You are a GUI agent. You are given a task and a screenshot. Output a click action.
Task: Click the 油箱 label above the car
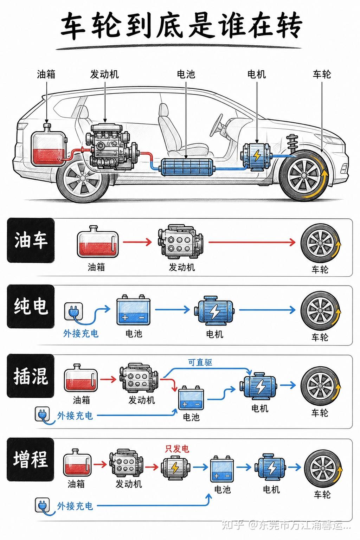[x=46, y=74]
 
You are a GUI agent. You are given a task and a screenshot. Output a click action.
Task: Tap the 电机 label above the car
[x=257, y=74]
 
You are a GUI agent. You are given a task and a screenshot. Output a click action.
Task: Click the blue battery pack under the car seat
[x=188, y=167]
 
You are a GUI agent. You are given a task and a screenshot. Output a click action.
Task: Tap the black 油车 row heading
[x=31, y=240]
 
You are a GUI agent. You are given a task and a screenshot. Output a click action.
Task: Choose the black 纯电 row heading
[x=31, y=306]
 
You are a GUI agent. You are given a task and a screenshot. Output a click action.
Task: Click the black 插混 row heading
[x=31, y=376]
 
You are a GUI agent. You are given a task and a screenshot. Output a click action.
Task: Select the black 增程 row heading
[x=31, y=459]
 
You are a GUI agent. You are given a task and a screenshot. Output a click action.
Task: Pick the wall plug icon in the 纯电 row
[x=74, y=312]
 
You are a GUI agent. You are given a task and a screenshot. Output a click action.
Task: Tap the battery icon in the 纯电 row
[x=133, y=309]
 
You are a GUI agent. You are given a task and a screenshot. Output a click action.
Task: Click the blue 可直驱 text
[x=200, y=362]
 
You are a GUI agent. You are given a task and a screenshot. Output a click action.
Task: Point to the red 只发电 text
[x=177, y=449]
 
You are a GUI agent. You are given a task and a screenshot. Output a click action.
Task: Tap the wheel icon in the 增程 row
[x=323, y=468]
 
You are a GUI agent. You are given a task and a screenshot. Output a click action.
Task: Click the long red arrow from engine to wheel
[x=252, y=242]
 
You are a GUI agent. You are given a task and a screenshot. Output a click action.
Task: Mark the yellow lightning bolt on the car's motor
[x=257, y=156]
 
